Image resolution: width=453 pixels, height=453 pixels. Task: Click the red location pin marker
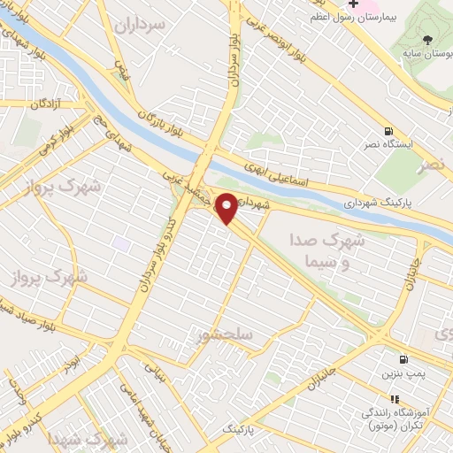227,208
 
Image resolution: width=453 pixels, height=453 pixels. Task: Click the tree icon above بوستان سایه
428,40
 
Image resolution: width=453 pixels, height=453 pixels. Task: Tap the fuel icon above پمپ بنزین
404,359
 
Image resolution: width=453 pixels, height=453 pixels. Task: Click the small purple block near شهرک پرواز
121,242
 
